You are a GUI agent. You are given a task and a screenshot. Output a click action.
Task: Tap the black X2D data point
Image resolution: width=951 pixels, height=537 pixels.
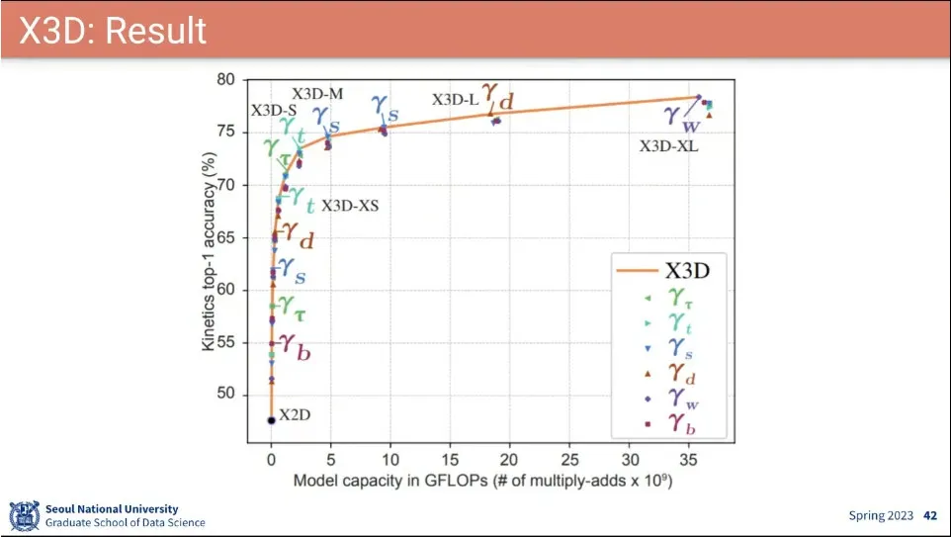(x=271, y=420)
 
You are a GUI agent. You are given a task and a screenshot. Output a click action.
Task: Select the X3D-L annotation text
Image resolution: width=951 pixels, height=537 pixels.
(x=455, y=99)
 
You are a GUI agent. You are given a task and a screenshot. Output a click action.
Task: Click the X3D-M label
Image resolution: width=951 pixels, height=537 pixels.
(x=317, y=94)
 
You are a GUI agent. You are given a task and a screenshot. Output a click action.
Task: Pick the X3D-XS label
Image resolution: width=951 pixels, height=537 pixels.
(x=350, y=207)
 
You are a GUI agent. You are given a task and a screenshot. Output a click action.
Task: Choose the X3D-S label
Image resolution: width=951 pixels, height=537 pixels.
(x=274, y=111)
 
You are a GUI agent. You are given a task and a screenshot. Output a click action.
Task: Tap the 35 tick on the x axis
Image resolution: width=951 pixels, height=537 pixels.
(x=689, y=462)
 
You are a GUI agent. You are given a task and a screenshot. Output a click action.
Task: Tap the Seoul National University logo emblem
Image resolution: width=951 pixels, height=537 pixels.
(x=24, y=516)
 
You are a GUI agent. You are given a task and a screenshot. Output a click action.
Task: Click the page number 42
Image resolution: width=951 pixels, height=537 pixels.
(x=929, y=515)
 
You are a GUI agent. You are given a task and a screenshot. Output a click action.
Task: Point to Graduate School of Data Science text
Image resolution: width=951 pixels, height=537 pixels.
(x=126, y=522)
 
